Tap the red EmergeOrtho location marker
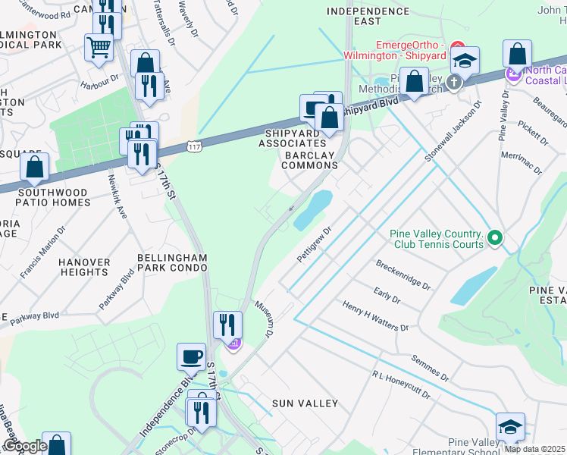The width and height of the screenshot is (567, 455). (x=457, y=47)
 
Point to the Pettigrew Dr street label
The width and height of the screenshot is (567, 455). (x=315, y=243)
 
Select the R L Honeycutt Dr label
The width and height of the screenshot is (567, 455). (x=401, y=385)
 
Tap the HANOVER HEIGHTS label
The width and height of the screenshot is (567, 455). (x=84, y=267)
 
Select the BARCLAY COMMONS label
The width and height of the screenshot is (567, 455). (x=309, y=160)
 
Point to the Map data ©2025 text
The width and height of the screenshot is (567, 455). (x=534, y=449)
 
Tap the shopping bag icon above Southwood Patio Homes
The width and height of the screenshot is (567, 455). (x=35, y=168)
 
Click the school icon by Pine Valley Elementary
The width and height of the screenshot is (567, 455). (x=511, y=427)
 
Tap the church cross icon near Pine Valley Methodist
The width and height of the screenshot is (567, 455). (x=454, y=83)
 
